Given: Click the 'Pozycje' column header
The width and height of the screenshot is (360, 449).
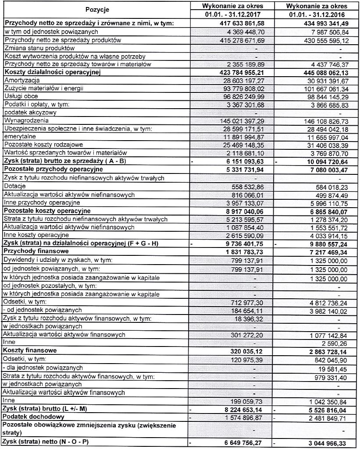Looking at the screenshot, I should (97, 10).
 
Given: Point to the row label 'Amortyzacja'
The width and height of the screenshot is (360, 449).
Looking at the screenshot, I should (21, 81).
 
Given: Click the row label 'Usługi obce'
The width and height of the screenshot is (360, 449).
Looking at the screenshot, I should (21, 96).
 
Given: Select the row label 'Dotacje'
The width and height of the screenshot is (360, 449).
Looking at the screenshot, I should (15, 186).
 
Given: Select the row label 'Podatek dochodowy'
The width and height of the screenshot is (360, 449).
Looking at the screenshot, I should (33, 417).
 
